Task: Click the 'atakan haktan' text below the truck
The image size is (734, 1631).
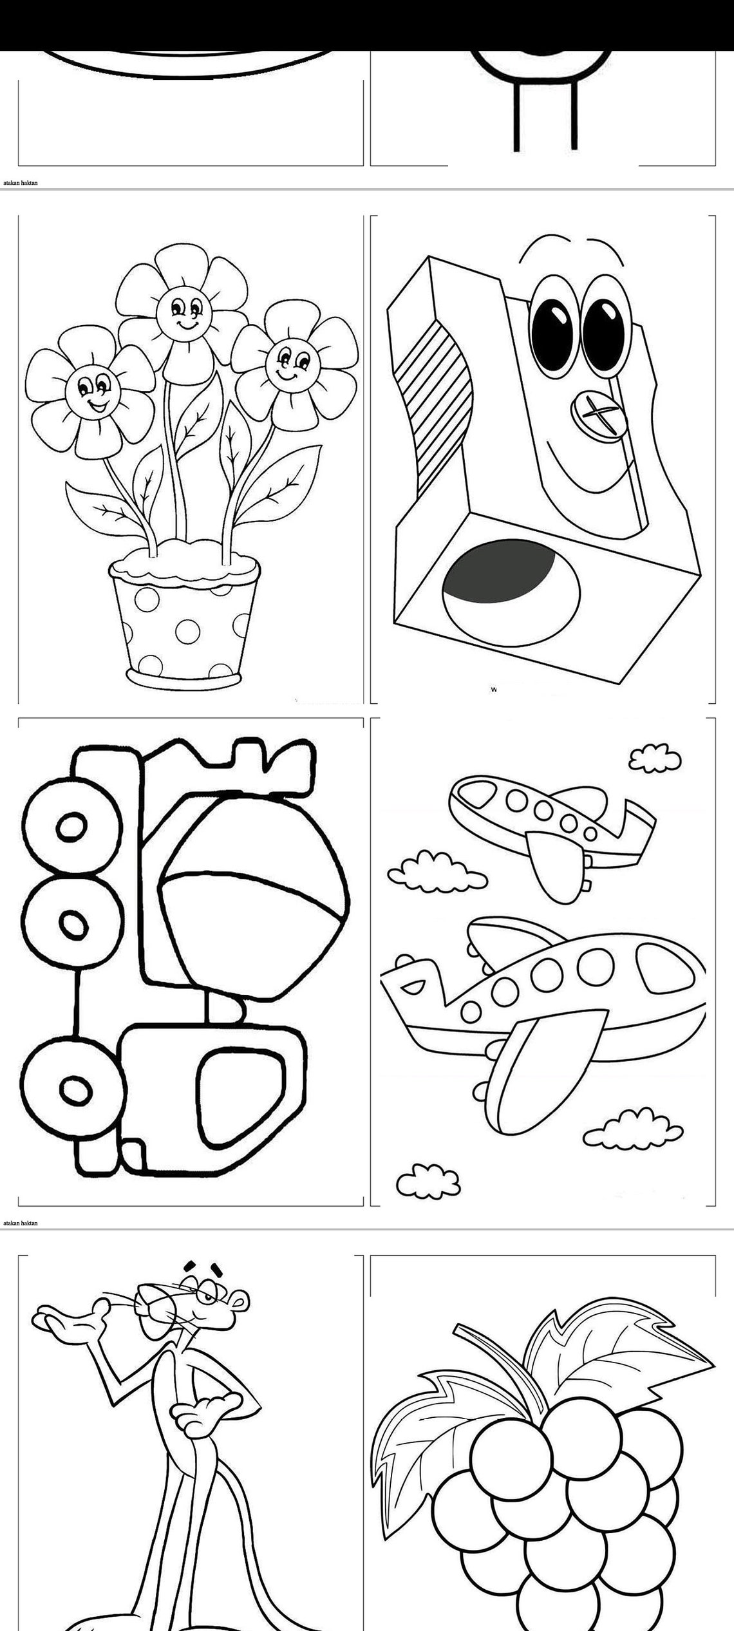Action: (21, 1223)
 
